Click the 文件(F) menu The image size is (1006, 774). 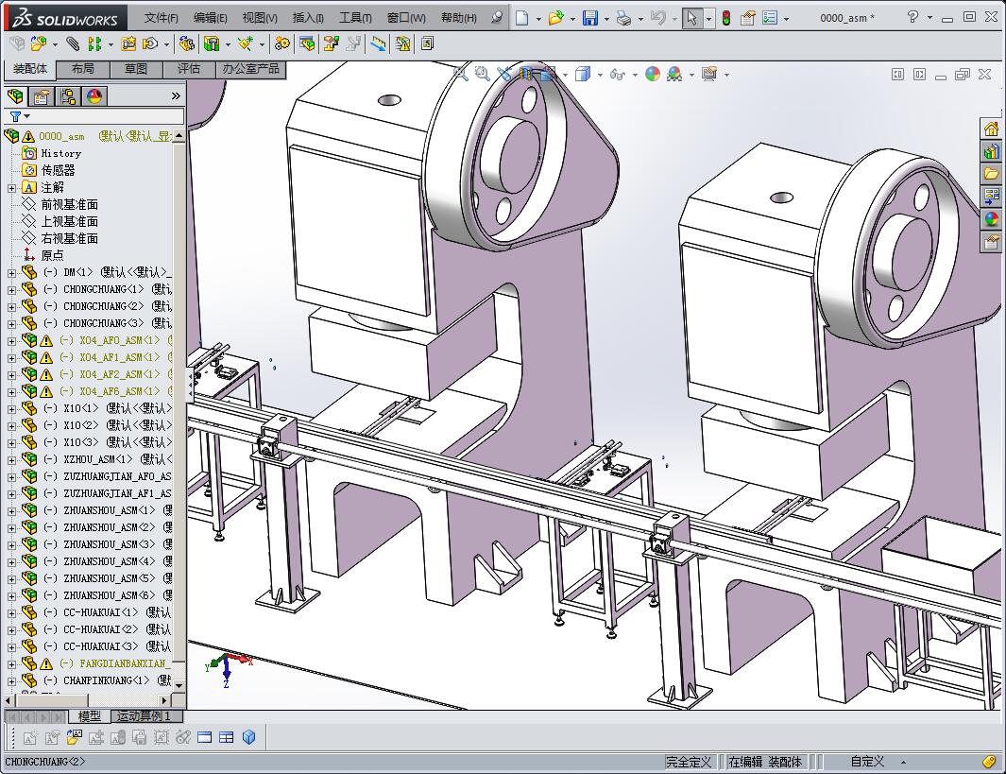[x=162, y=18]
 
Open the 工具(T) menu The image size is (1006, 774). [x=355, y=18]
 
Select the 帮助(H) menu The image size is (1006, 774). [x=458, y=18]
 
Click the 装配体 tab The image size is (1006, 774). [x=30, y=69]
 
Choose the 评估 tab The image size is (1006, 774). [x=189, y=69]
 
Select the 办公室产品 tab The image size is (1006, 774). [x=250, y=69]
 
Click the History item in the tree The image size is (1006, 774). [x=61, y=153]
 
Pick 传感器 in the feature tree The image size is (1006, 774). [x=58, y=170]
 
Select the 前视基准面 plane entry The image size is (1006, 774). [x=69, y=204]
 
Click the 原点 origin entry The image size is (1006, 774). [x=52, y=255]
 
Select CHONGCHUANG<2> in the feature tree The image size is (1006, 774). [x=104, y=306]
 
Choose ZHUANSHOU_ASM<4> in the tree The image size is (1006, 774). [x=109, y=561]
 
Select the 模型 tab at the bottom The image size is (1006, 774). [x=90, y=716]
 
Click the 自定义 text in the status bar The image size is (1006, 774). [x=867, y=762]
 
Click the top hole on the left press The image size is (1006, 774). [x=388, y=99]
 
